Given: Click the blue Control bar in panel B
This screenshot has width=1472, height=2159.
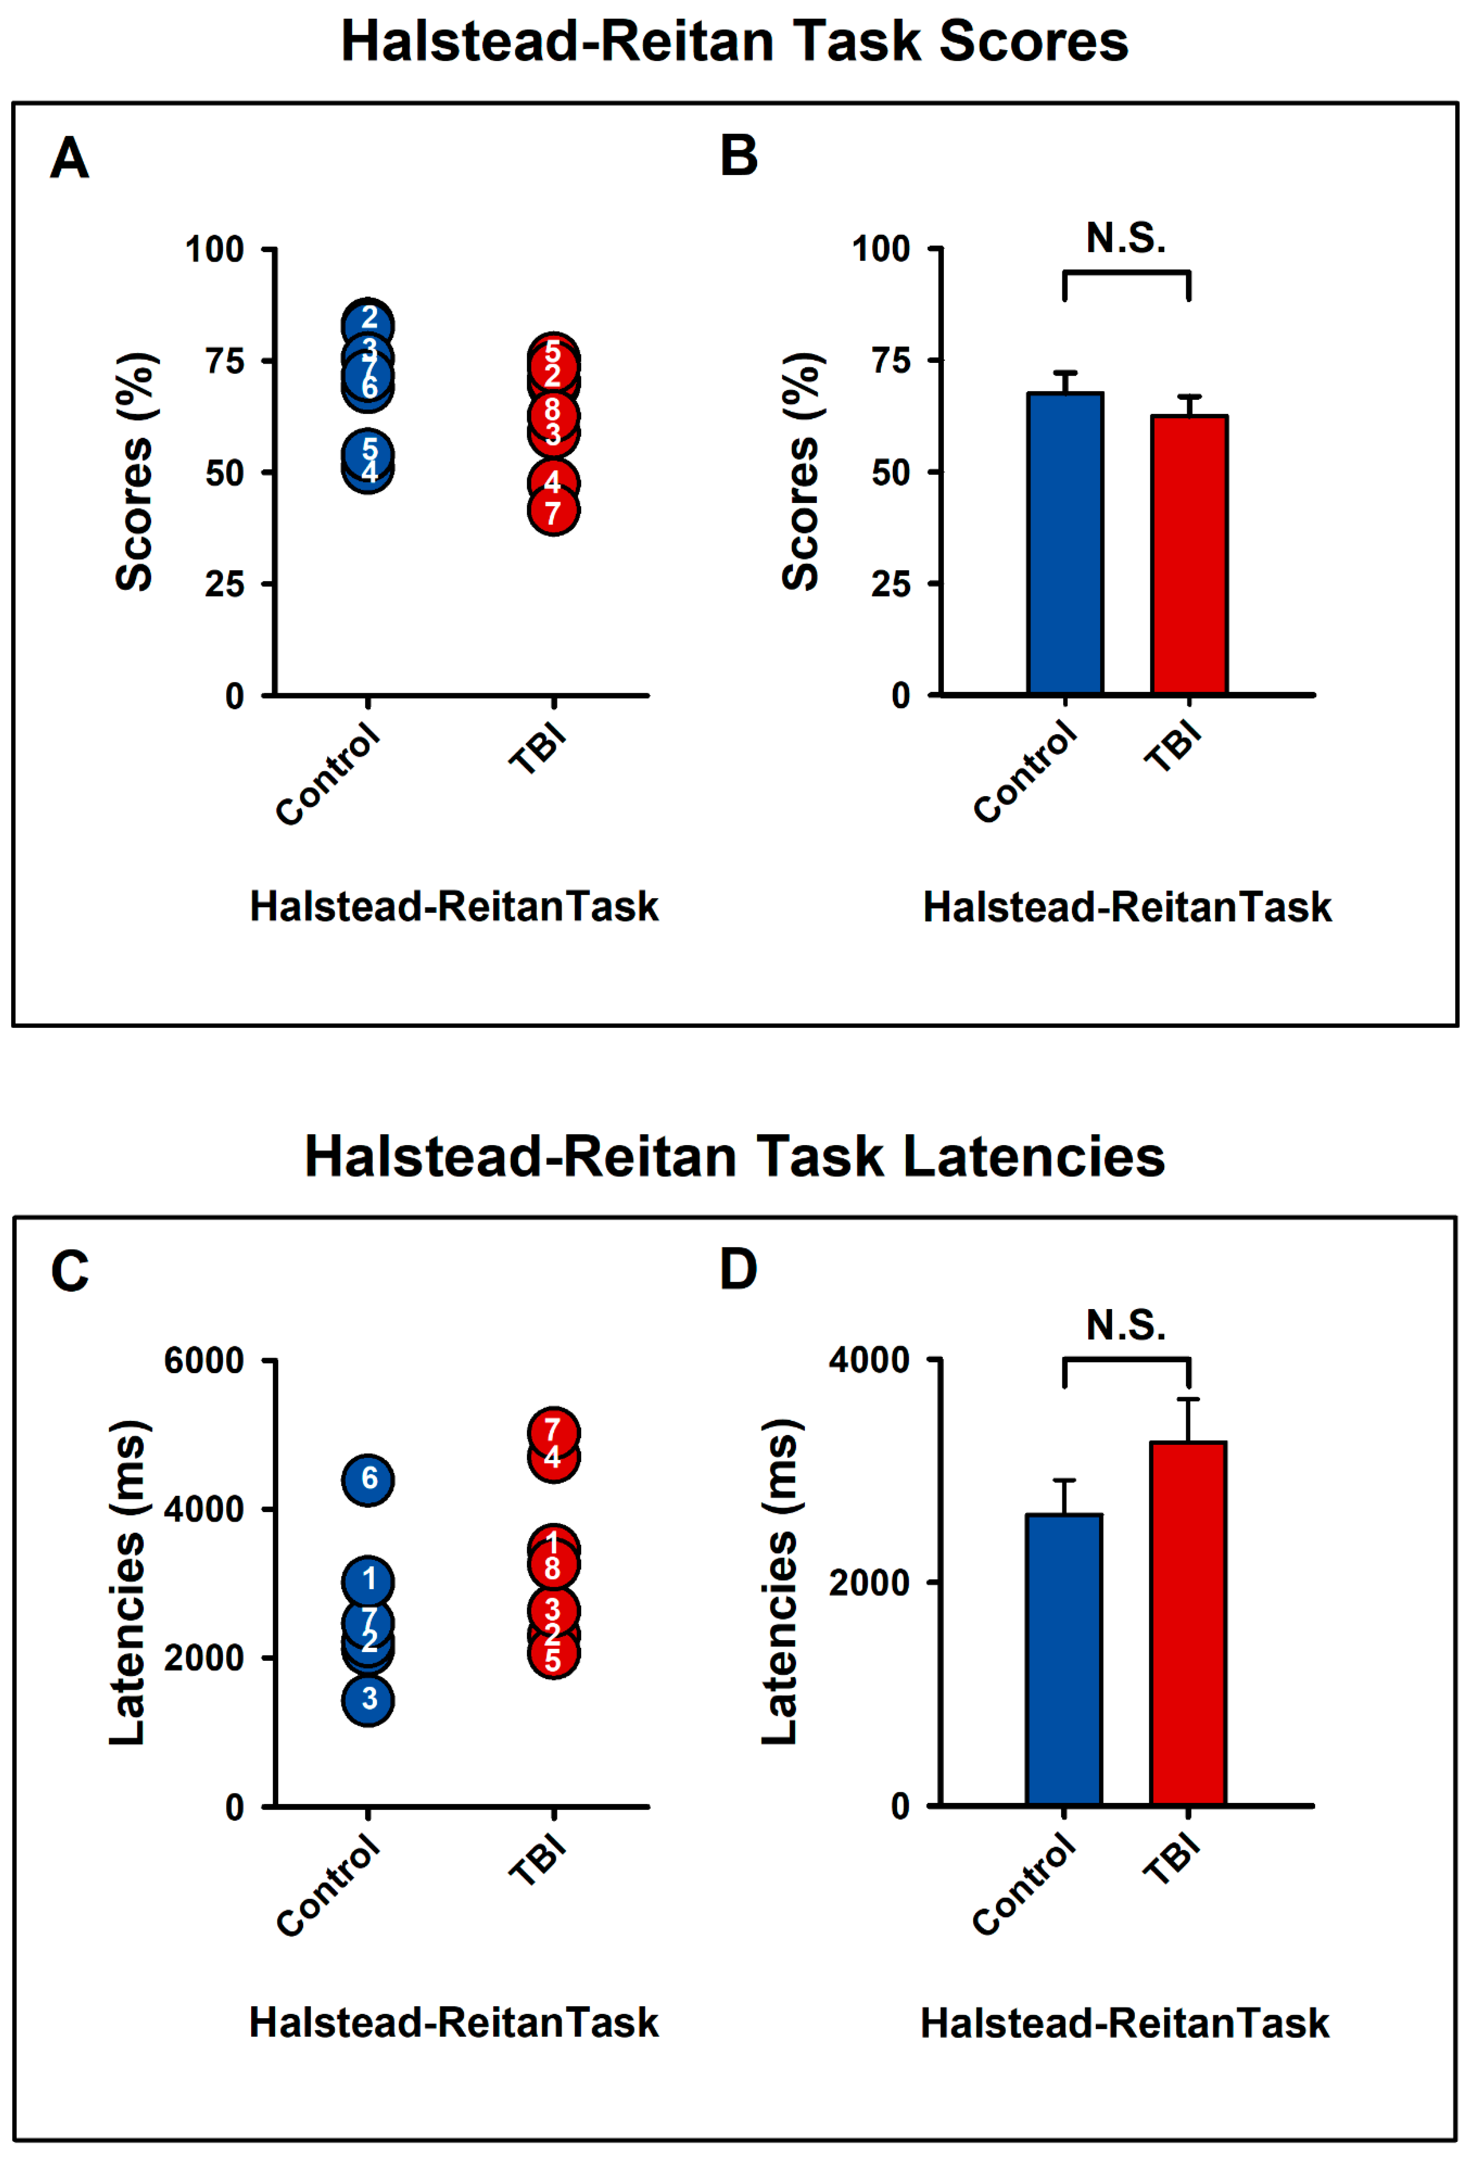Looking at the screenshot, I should click(1065, 544).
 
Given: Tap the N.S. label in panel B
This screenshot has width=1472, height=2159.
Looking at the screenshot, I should click(1125, 239).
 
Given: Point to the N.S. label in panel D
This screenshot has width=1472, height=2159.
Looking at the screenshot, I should click(1125, 1326).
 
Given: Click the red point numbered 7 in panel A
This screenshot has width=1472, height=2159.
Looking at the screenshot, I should click(553, 511).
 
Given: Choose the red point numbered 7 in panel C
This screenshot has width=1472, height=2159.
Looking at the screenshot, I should click(553, 1431).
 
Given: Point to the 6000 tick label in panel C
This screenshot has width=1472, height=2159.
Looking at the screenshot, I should click(203, 1361).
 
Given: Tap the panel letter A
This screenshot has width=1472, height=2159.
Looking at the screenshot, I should click(70, 158).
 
